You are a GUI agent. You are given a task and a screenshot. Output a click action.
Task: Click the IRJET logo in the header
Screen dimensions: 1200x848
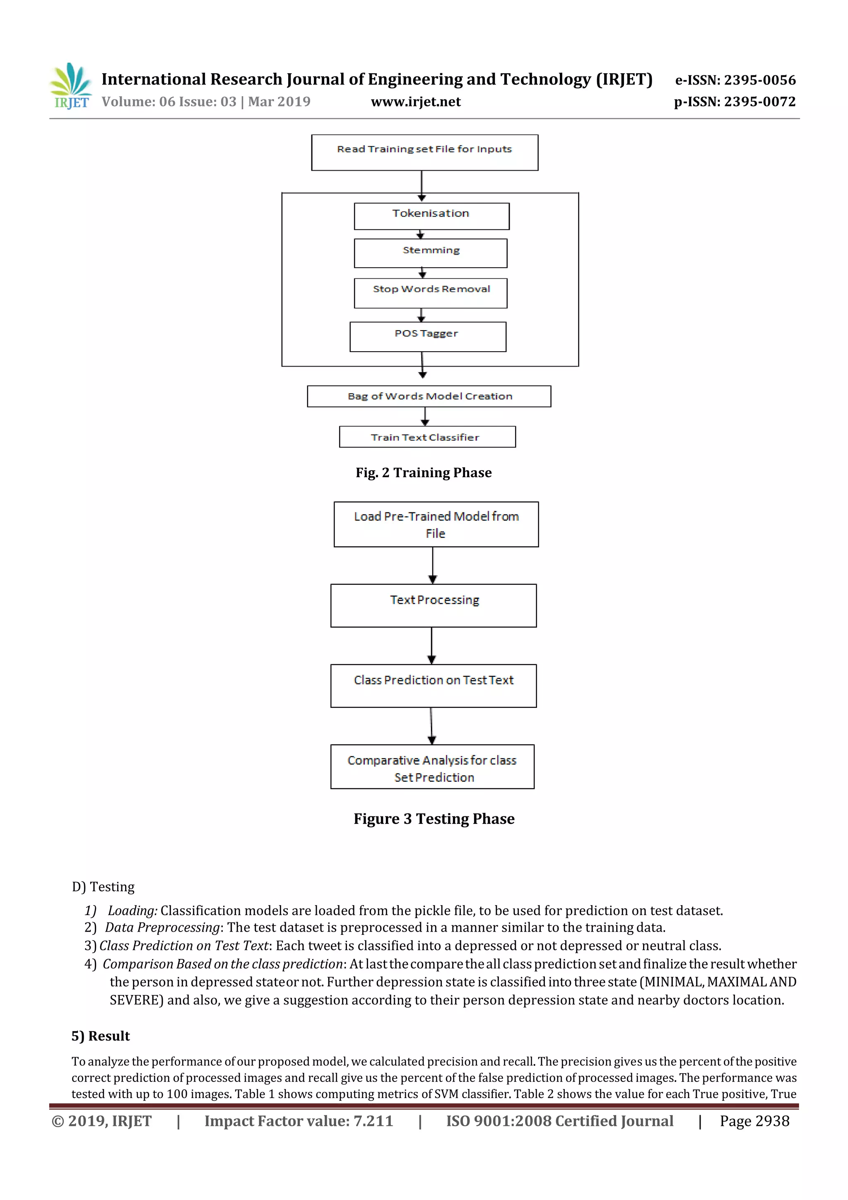click(70, 86)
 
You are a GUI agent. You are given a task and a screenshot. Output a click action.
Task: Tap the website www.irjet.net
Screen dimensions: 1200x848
click(415, 102)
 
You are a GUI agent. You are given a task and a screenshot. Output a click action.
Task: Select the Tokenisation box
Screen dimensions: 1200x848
click(431, 216)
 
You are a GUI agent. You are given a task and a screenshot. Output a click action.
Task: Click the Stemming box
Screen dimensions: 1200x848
click(431, 253)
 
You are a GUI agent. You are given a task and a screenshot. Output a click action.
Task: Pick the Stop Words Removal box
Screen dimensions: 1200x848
click(431, 293)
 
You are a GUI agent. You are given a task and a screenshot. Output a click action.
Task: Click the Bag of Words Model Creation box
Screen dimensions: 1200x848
click(429, 396)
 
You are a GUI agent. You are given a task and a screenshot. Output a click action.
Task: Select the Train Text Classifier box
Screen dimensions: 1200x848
click(427, 437)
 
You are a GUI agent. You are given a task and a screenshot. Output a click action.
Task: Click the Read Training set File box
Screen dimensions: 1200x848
click(424, 152)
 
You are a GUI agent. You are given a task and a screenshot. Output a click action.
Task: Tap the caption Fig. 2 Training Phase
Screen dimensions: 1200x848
click(423, 473)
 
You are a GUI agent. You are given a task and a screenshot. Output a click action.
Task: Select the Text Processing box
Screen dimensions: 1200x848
click(433, 605)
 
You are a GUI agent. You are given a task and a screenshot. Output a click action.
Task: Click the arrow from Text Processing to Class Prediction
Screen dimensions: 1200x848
click(431, 645)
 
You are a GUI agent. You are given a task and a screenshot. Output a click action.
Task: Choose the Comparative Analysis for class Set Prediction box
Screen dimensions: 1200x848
click(432, 767)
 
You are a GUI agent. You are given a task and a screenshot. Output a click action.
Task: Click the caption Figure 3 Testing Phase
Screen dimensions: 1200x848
click(434, 819)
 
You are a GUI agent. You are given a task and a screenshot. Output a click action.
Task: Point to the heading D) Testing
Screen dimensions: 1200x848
click(103, 887)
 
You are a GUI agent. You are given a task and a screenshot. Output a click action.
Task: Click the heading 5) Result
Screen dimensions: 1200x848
click(100, 1036)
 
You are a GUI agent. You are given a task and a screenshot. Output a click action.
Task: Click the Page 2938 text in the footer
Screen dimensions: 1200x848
click(754, 1121)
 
